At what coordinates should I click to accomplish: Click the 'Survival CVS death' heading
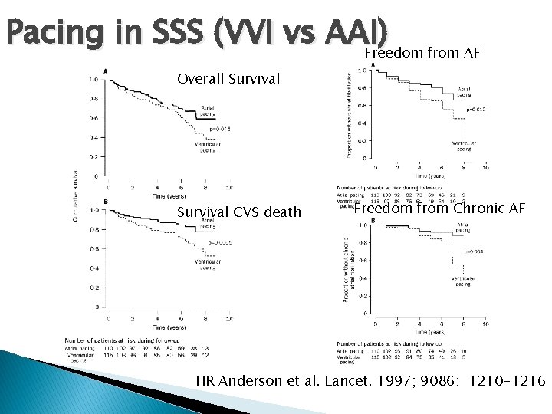coord(239,212)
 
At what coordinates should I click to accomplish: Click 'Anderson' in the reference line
coord(257,380)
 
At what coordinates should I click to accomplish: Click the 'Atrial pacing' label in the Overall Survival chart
coord(206,110)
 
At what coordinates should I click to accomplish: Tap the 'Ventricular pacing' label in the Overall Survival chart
coord(205,147)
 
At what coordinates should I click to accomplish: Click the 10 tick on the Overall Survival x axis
coord(230,186)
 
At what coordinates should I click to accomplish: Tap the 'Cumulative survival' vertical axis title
coord(75,195)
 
